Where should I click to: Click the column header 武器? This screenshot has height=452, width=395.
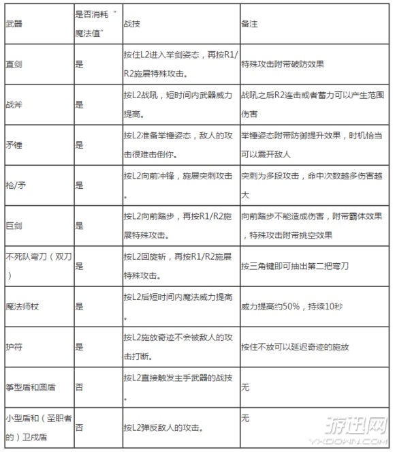pos(13,24)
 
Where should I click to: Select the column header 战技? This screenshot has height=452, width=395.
pos(130,24)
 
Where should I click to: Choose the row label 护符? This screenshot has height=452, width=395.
pos(13,347)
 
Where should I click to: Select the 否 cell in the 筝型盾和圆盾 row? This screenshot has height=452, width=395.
pos(80,387)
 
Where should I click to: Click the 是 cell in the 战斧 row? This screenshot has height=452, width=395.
pos(80,104)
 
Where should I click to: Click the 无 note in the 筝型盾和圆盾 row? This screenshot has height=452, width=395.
pos(246,387)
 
